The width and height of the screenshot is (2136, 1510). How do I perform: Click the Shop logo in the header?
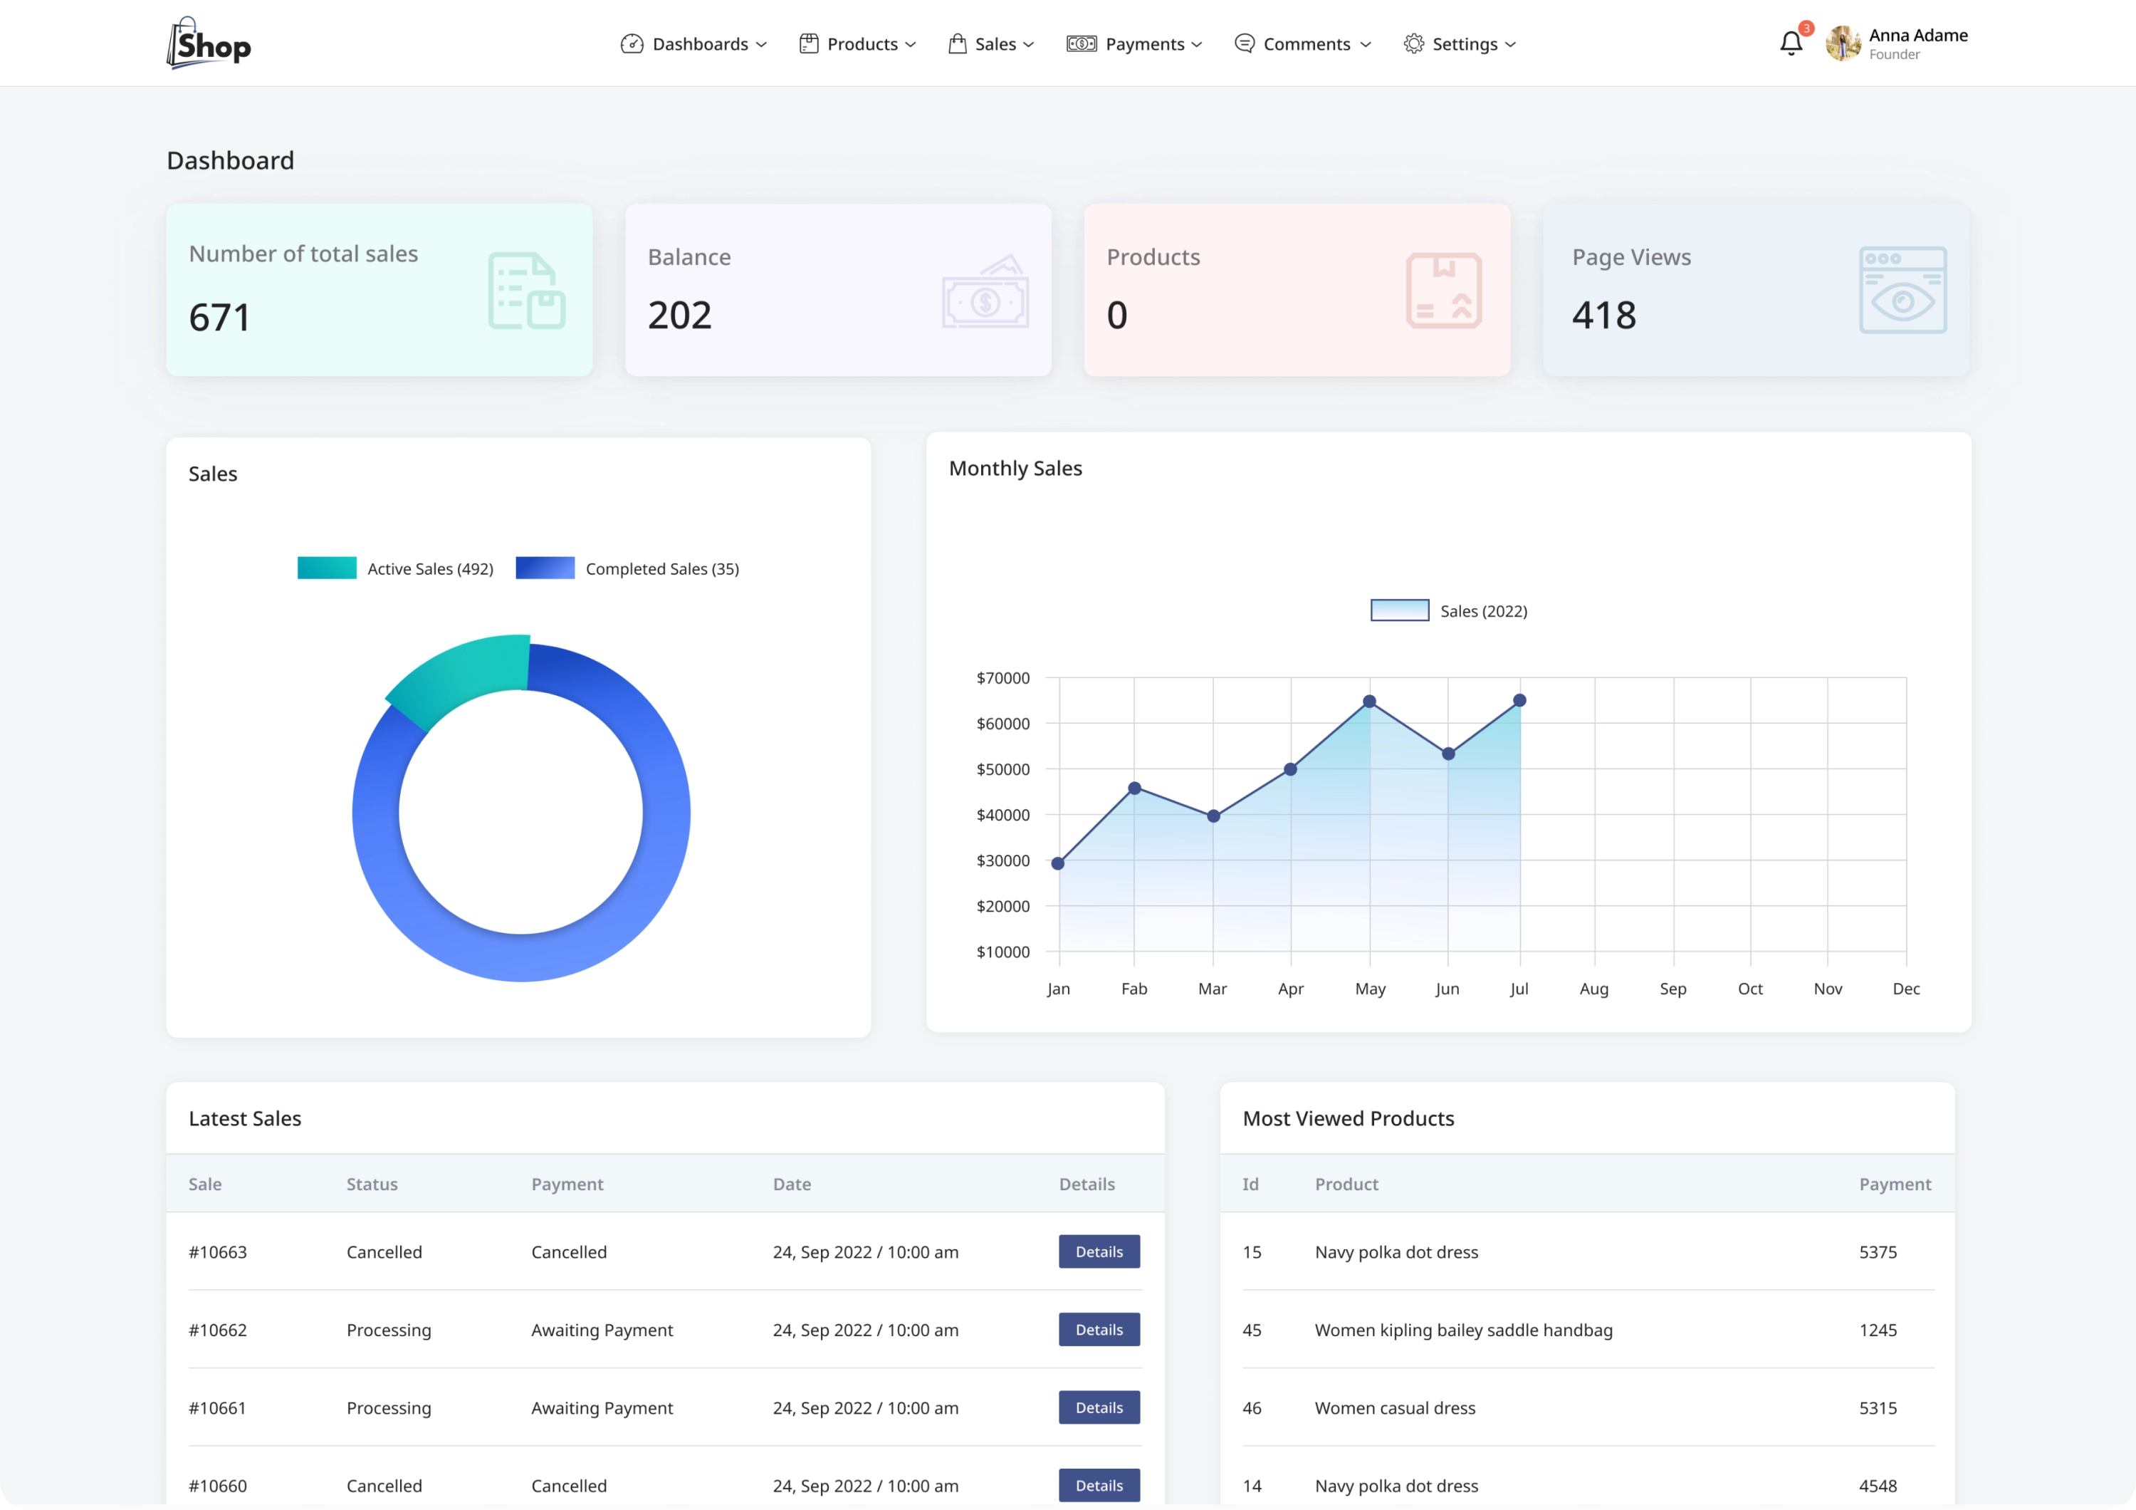pos(209,43)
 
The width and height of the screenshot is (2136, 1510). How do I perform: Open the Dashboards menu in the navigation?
pos(693,43)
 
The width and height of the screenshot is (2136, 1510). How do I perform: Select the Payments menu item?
pos(1134,43)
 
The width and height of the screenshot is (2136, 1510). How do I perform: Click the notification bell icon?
pos(1790,43)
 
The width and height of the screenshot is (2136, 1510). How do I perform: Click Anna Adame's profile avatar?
pos(1842,43)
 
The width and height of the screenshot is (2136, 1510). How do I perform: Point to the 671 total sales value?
pos(219,317)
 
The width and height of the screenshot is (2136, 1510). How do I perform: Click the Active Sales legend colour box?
pos(327,568)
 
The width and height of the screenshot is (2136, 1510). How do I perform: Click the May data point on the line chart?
pos(1369,702)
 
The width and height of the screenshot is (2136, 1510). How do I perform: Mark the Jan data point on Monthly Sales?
pos(1058,863)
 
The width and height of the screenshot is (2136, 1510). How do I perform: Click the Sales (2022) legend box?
pos(1399,610)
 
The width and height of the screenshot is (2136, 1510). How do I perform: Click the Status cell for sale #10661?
pos(389,1407)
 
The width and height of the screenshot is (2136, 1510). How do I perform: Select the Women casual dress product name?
pos(1395,1407)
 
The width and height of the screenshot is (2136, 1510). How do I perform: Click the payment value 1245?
pos(1878,1330)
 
